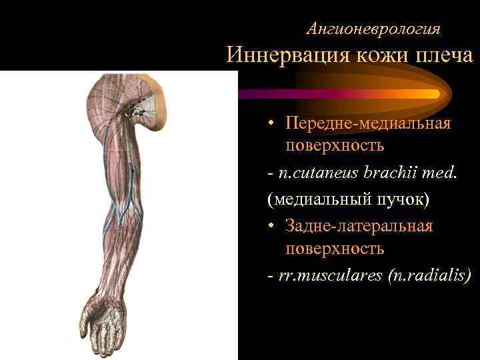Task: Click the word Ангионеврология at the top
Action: [x=373, y=29]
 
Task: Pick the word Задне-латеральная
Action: [x=359, y=226]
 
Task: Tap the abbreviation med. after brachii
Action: [x=443, y=173]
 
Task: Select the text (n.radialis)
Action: [x=429, y=275]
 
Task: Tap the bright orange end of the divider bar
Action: [x=427, y=94]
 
